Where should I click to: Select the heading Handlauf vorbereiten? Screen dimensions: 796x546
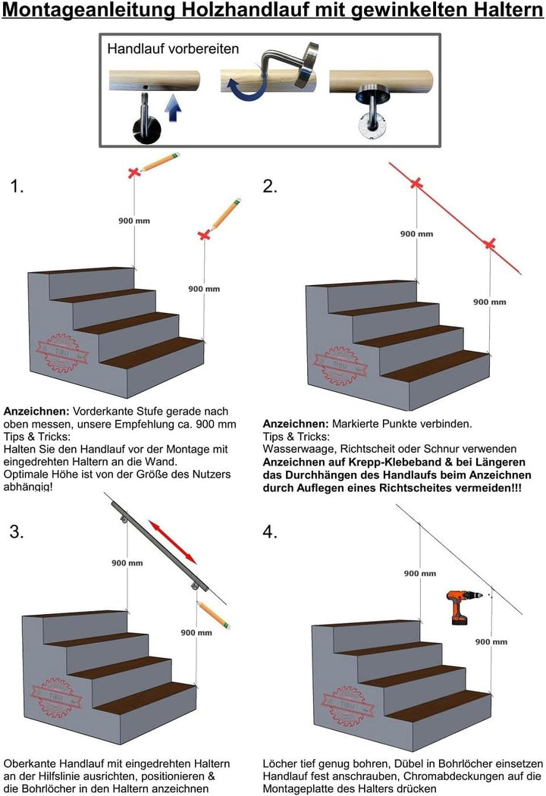pyautogui.click(x=173, y=49)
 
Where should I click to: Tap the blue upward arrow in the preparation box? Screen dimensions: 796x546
pyautogui.click(x=173, y=112)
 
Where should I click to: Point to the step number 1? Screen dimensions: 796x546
pyautogui.click(x=17, y=186)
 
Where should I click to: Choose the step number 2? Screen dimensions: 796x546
pyautogui.click(x=271, y=186)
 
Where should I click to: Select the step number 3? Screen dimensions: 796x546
pyautogui.click(x=17, y=532)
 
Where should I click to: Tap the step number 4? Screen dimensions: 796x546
pyautogui.click(x=271, y=532)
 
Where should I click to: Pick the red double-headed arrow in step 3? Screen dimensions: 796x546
pyautogui.click(x=173, y=541)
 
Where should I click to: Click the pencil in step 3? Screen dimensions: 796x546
pyautogui.click(x=213, y=615)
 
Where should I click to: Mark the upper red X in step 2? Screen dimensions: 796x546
pyautogui.click(x=416, y=183)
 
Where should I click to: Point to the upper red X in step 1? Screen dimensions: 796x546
pyautogui.click(x=134, y=174)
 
